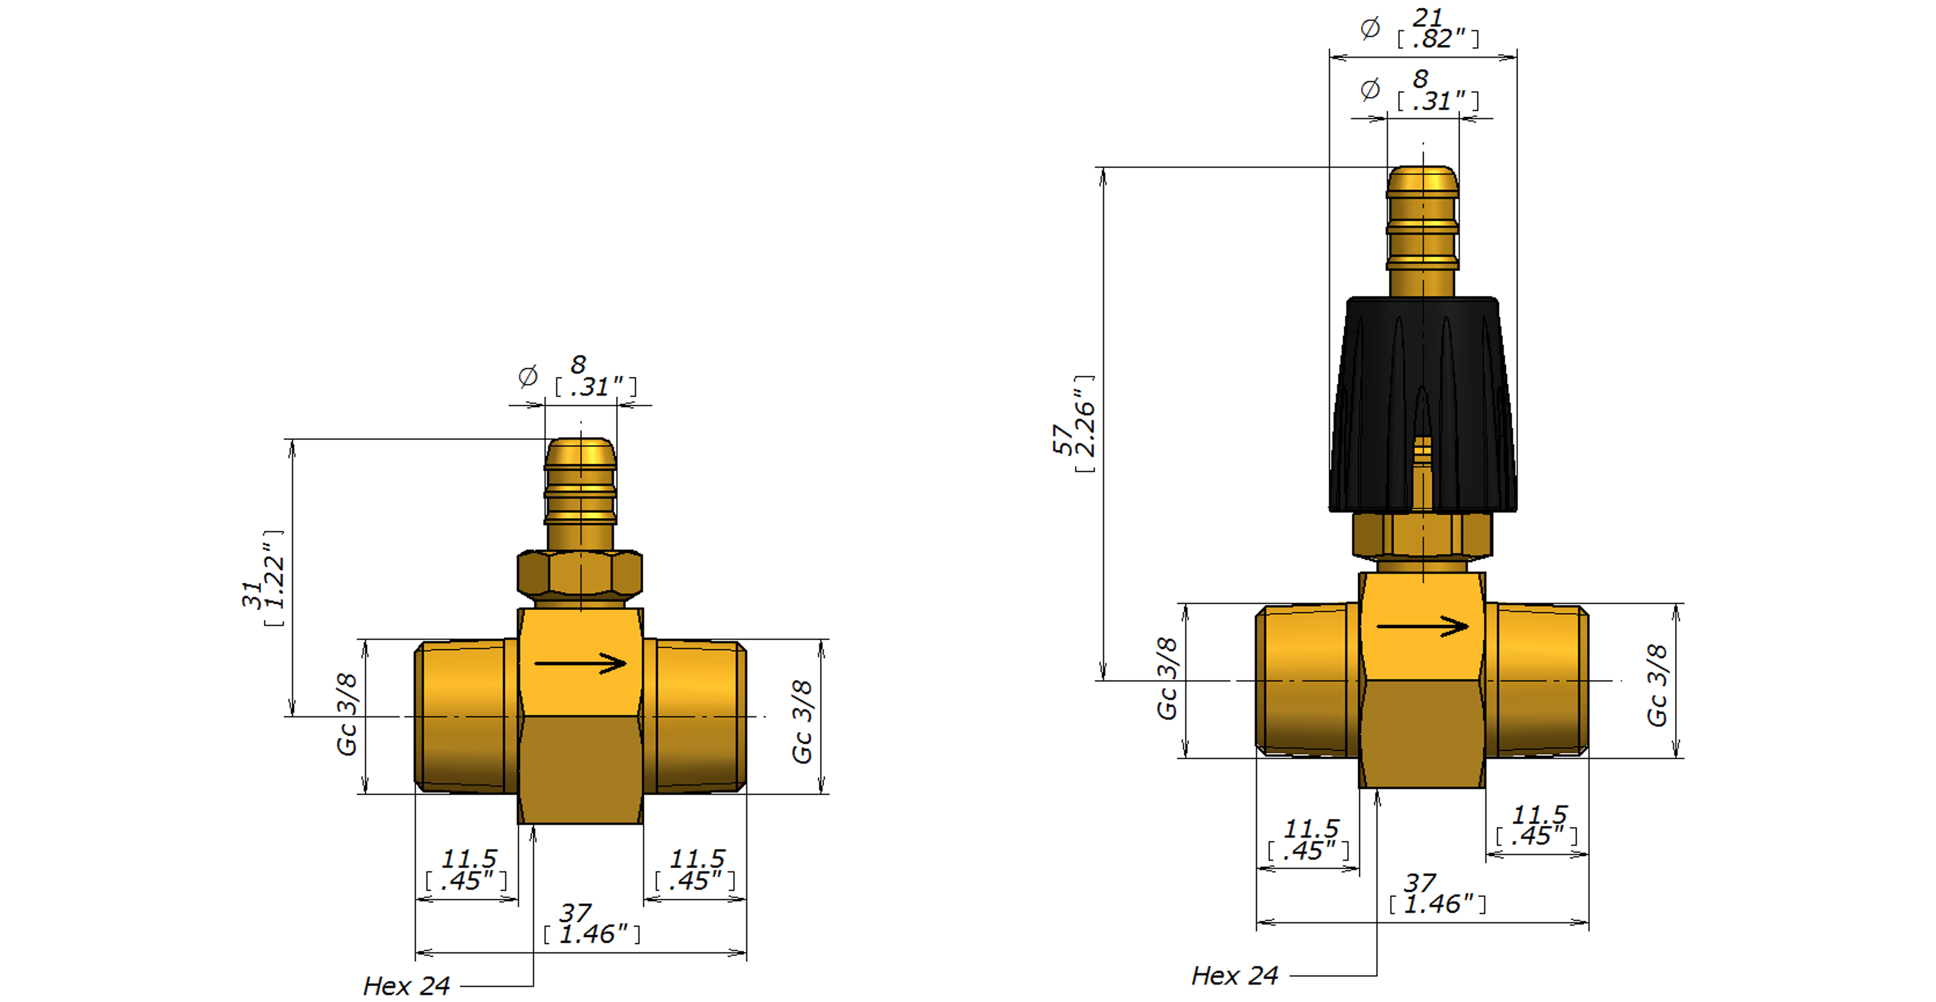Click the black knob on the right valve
(1423, 404)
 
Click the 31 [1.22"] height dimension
(263, 578)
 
